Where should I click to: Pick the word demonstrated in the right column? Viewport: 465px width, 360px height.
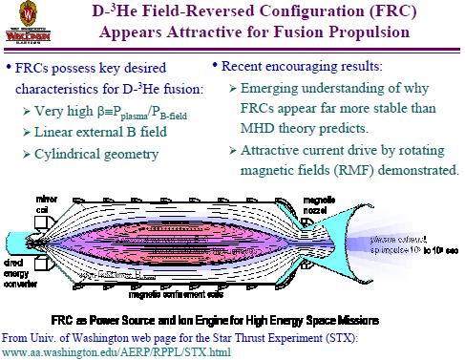[417, 172]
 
